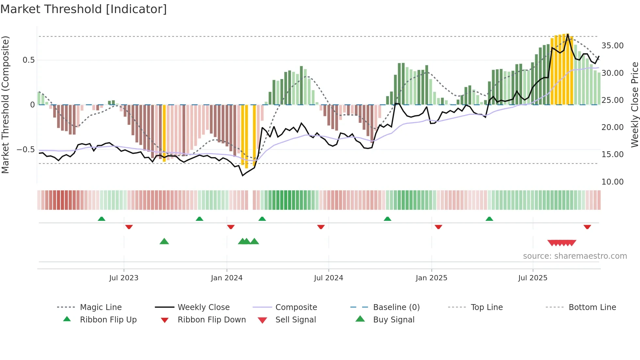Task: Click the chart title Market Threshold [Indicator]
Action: point(84,9)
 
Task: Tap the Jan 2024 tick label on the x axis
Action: point(227,278)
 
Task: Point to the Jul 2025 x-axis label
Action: point(533,278)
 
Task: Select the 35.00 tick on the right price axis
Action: point(612,46)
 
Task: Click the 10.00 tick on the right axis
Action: point(612,182)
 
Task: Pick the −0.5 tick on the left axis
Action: point(25,150)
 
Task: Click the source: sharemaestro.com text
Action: point(575,256)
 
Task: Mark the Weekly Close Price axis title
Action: point(634,105)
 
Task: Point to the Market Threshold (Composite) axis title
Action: point(5,105)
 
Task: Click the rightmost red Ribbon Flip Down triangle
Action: point(587,227)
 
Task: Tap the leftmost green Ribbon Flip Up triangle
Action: point(102,219)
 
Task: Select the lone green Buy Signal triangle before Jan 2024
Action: point(164,241)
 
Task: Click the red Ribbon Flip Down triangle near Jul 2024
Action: point(321,227)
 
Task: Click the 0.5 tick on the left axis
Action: point(28,60)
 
